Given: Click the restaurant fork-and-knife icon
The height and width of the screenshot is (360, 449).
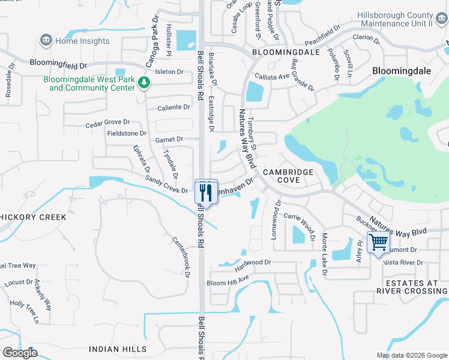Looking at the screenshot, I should pos(205,192).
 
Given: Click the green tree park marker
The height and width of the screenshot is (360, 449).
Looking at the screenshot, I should pos(143,82).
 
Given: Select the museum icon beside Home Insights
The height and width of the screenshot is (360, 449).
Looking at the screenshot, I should pos(45,41).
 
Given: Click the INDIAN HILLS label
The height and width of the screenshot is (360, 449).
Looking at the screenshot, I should pos(114,349).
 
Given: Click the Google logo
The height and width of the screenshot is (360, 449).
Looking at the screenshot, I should pos(20,352).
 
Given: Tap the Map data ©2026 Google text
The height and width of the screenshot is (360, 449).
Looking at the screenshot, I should pos(411,355).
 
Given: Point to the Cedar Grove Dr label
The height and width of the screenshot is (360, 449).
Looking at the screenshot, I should pos(107,122).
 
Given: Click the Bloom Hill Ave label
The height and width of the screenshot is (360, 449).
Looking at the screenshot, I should pos(228,280).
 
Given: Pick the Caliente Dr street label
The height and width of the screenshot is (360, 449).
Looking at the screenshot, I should pos(173,107).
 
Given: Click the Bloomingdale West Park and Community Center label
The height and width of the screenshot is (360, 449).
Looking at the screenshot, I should pos(92,83).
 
